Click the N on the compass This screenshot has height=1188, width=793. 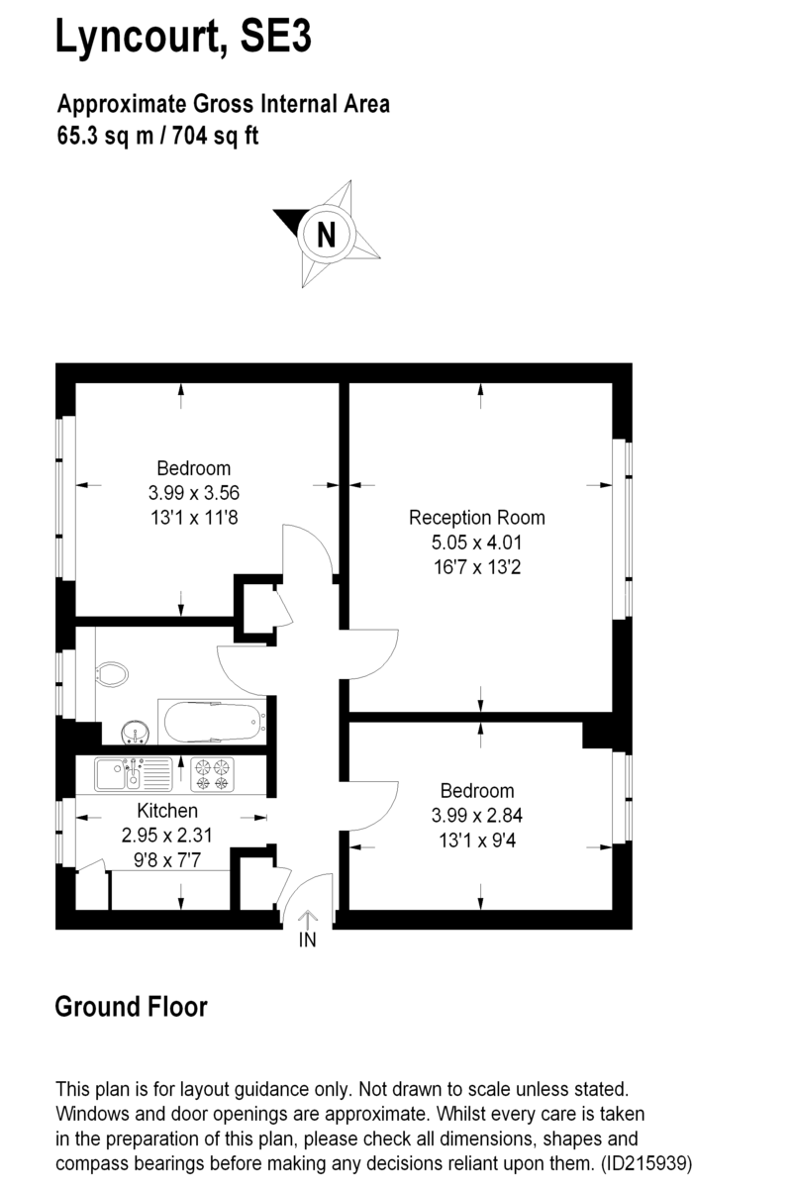click(327, 234)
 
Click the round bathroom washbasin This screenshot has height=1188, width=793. click(136, 733)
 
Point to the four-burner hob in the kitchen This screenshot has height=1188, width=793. click(212, 775)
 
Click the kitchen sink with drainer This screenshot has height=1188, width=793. click(134, 774)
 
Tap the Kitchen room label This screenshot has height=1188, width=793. click(167, 811)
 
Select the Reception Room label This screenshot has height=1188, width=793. click(477, 518)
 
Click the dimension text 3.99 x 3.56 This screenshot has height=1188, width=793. click(194, 493)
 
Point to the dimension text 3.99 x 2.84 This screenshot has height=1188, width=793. click(477, 815)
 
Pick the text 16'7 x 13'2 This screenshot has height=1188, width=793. click(477, 567)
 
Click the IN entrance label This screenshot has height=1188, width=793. click(308, 940)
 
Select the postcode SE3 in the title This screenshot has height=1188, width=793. click(275, 35)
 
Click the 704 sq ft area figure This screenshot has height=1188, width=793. click(215, 136)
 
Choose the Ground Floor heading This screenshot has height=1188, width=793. click(131, 1007)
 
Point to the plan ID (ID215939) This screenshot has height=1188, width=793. click(646, 1163)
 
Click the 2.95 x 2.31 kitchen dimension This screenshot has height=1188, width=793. click(166, 835)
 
